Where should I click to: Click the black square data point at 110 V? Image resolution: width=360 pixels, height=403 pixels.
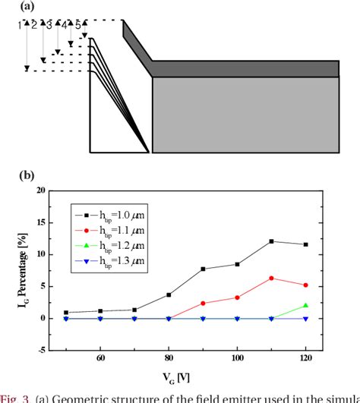271,241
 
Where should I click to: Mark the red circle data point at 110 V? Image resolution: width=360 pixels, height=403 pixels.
271,278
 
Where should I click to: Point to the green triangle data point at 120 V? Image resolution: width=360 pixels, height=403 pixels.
305,305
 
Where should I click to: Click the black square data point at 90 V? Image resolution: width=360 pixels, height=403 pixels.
203,269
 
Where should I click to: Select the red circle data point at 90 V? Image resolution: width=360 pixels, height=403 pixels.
203,303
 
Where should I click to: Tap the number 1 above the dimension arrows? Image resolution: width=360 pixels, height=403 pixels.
18,26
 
